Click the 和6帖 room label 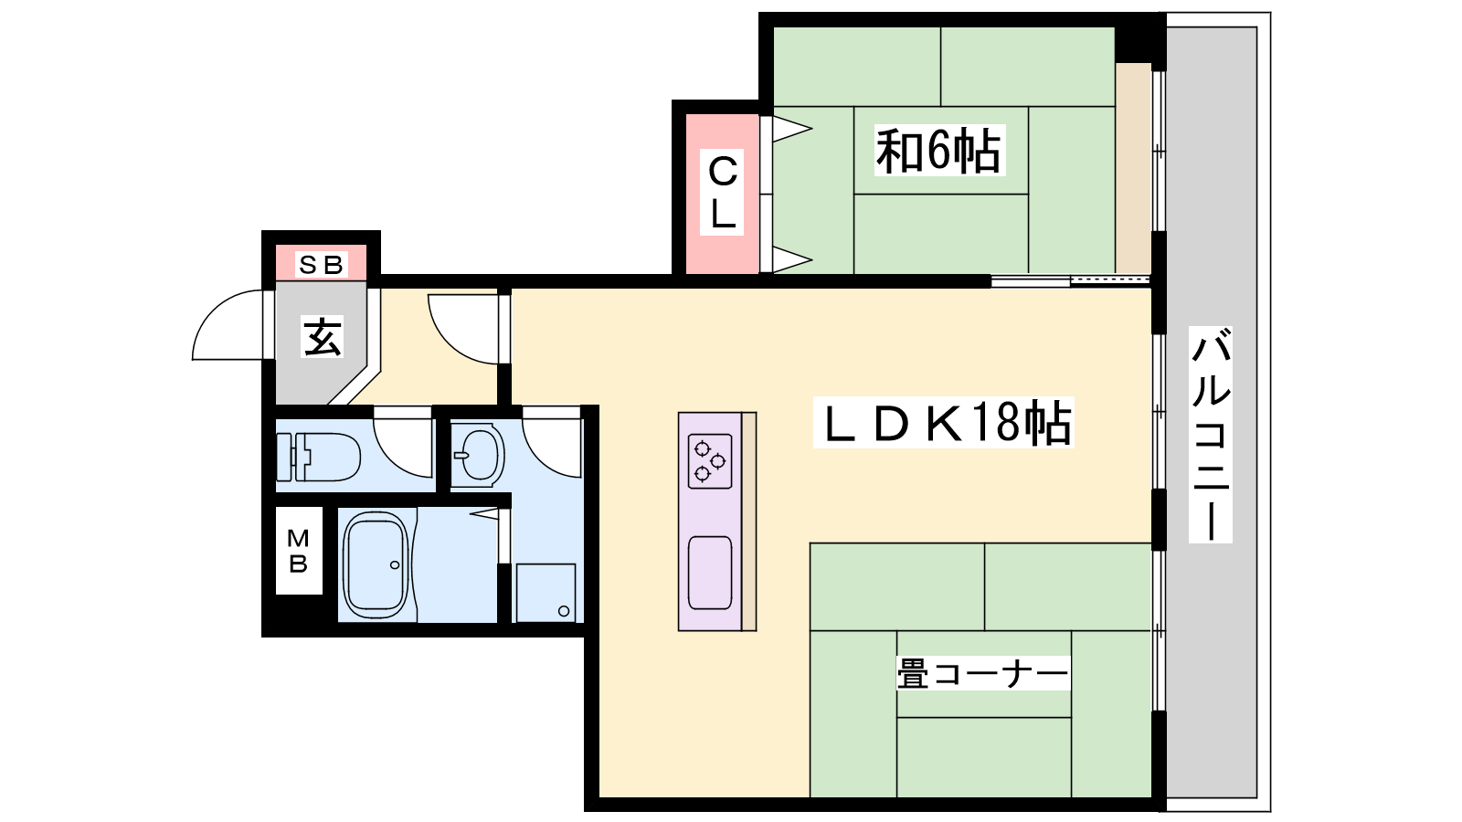(938, 152)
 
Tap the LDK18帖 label (944, 423)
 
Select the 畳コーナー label (983, 673)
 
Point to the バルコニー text (1211, 434)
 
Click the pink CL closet (723, 194)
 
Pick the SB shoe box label (321, 265)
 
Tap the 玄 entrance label (323, 337)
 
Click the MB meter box (299, 551)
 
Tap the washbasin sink (478, 455)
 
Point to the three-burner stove (710, 461)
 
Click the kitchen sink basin (710, 573)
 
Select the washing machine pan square (546, 593)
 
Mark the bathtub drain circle (395, 565)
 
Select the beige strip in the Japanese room (1133, 168)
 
